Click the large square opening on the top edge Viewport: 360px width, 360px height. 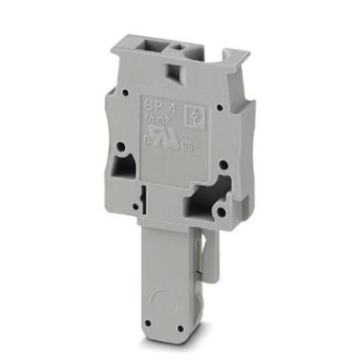(x=152, y=45)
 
